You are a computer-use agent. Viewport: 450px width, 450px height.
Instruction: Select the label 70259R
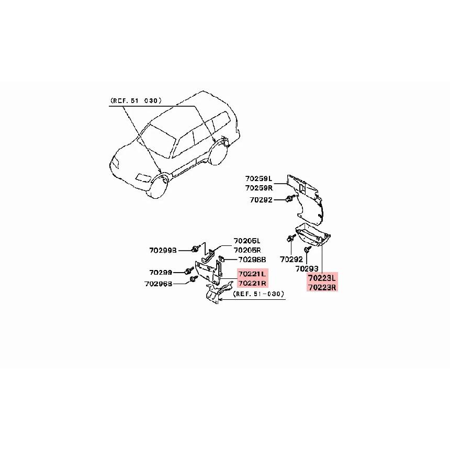point(258,187)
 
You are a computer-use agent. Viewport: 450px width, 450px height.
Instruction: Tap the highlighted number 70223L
point(322,278)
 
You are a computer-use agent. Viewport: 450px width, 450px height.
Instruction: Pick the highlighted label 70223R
point(322,287)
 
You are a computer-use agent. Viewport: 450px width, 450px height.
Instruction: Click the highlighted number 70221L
point(252,274)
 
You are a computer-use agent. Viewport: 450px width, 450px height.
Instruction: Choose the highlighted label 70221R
point(252,283)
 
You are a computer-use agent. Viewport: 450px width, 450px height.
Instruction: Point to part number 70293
point(307,268)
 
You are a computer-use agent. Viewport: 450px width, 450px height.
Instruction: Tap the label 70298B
point(252,259)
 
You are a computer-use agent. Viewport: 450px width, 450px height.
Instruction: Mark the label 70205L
point(246,241)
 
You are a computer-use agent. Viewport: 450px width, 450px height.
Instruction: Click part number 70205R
point(246,250)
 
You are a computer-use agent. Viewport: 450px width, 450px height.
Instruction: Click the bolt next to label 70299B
point(196,248)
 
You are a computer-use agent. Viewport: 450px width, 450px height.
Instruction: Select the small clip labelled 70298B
point(222,258)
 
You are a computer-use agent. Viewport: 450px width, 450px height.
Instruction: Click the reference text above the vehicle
point(136,100)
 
